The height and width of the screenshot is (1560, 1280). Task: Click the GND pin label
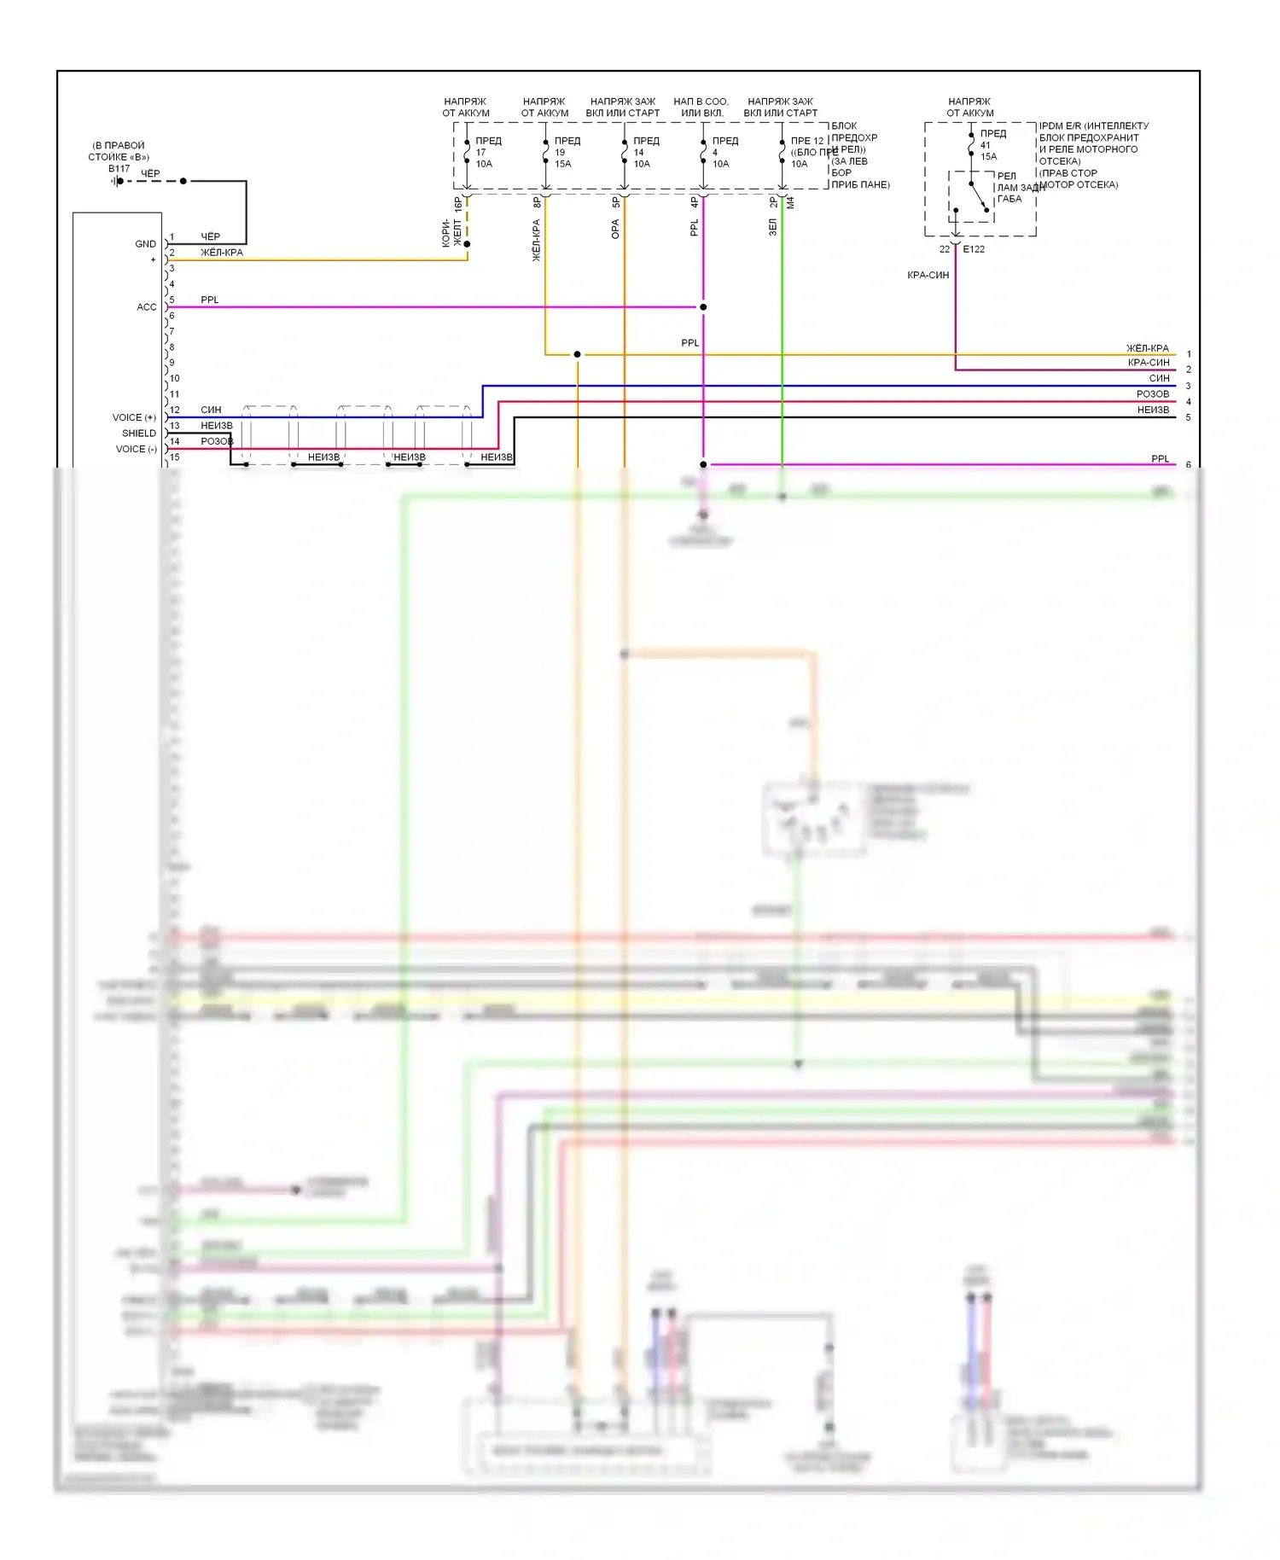pos(145,244)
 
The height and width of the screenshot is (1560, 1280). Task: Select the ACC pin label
pos(147,307)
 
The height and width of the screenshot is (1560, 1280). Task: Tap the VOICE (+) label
pos(134,417)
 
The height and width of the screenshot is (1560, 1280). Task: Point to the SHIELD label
pos(139,434)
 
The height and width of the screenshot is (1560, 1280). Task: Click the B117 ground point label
pos(119,169)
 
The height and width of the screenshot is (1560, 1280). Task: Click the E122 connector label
pos(974,249)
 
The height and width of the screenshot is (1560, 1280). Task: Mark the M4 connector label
pos(790,203)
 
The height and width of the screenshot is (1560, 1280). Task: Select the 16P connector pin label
pos(458,204)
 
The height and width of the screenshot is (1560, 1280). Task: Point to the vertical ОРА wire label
pos(615,229)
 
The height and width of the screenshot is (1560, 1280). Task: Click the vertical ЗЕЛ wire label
pos(773,227)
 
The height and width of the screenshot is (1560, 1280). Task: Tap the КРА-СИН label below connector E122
pos(928,275)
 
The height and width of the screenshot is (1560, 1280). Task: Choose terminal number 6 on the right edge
pos(1189,465)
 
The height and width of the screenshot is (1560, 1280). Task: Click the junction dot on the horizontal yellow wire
pos(578,354)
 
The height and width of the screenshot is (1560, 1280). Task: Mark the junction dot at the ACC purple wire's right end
pos(703,307)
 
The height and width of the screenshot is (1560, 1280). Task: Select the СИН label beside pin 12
pos(211,410)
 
